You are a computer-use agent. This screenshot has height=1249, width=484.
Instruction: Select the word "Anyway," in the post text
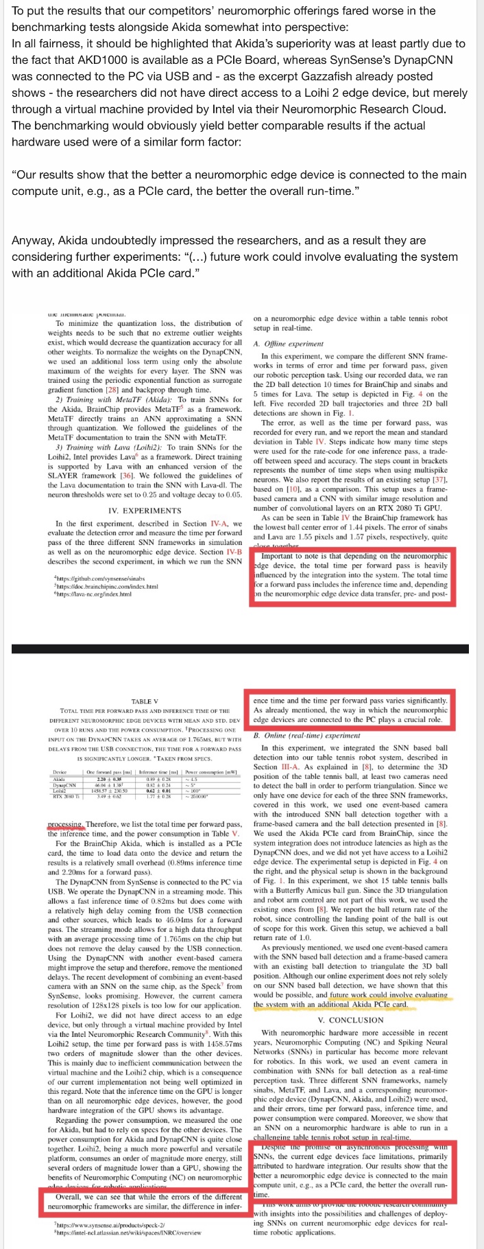pyautogui.click(x=34, y=240)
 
